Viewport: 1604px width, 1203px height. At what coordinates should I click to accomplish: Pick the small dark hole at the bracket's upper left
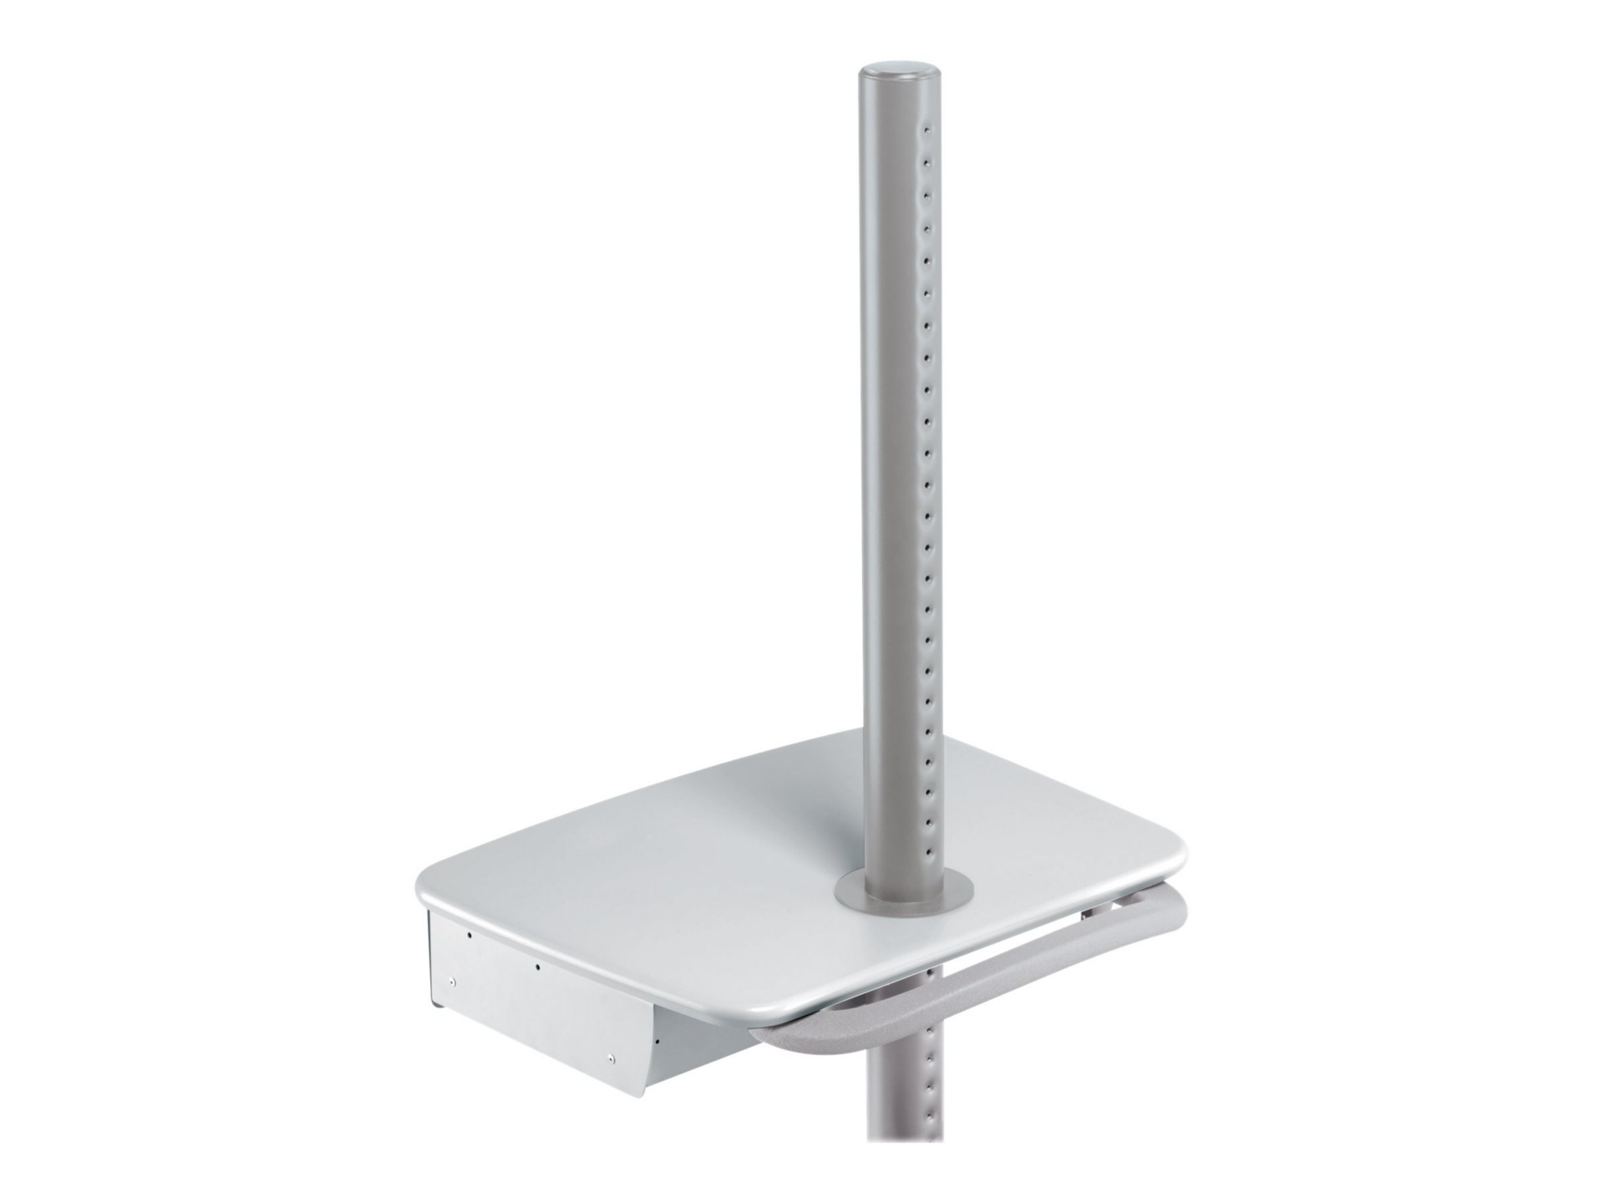tap(470, 937)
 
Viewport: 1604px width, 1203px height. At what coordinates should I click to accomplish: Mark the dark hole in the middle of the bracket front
tap(537, 967)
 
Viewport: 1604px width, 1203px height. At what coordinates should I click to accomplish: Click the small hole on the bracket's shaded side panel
tap(659, 1041)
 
